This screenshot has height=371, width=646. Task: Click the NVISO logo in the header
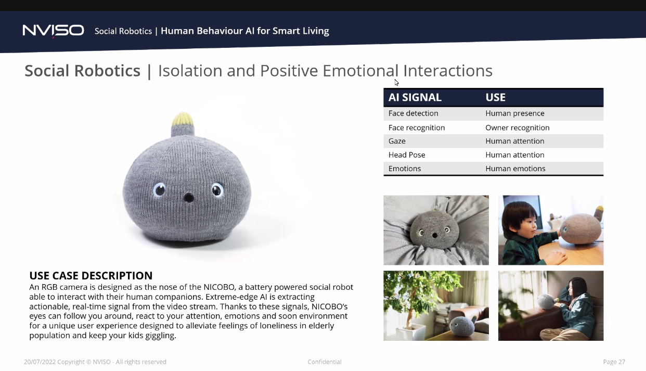point(54,31)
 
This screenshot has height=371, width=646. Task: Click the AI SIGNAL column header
point(415,97)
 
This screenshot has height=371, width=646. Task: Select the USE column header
point(495,97)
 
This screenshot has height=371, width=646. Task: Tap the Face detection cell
point(414,113)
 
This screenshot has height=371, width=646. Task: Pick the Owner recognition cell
point(518,127)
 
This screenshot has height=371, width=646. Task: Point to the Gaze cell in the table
point(397,141)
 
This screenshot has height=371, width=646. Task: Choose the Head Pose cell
point(407,155)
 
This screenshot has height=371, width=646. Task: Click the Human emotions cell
point(515,169)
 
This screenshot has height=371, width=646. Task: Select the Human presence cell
point(515,113)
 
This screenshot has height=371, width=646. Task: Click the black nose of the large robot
point(189,198)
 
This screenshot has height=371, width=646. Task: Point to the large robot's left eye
point(160,189)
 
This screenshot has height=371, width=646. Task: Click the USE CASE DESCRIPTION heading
point(91,275)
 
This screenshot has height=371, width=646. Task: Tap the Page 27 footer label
point(614,362)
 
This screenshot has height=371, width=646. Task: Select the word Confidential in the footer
point(325,362)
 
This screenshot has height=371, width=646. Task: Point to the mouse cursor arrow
point(396,83)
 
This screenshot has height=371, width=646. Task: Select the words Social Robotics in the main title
point(82,71)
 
